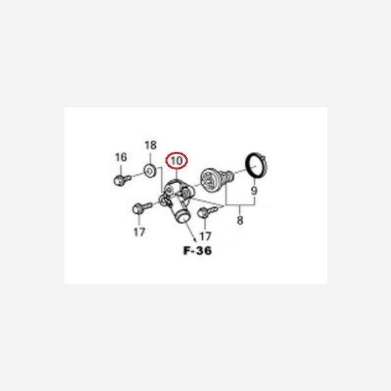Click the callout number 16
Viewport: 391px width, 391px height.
pos(121,157)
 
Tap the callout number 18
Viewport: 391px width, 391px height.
pos(151,145)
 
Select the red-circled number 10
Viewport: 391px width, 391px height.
pos(177,160)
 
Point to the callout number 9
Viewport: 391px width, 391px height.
pos(254,191)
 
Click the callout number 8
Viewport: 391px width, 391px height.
pos(240,220)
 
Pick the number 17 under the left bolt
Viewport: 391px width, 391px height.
pos(139,233)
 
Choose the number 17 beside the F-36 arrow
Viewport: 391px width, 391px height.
pos(205,236)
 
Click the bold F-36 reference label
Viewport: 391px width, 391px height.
pos(197,251)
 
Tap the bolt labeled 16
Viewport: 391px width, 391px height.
pos(122,180)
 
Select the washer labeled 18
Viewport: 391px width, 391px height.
pos(150,171)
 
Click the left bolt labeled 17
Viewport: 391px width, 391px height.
pos(141,208)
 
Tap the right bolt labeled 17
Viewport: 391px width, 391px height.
pos(207,212)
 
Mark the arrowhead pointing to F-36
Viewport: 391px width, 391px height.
pos(194,239)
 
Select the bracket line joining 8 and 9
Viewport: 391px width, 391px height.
pos(240,205)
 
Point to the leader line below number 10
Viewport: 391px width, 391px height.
pos(177,174)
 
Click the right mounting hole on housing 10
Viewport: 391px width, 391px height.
pos(186,192)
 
